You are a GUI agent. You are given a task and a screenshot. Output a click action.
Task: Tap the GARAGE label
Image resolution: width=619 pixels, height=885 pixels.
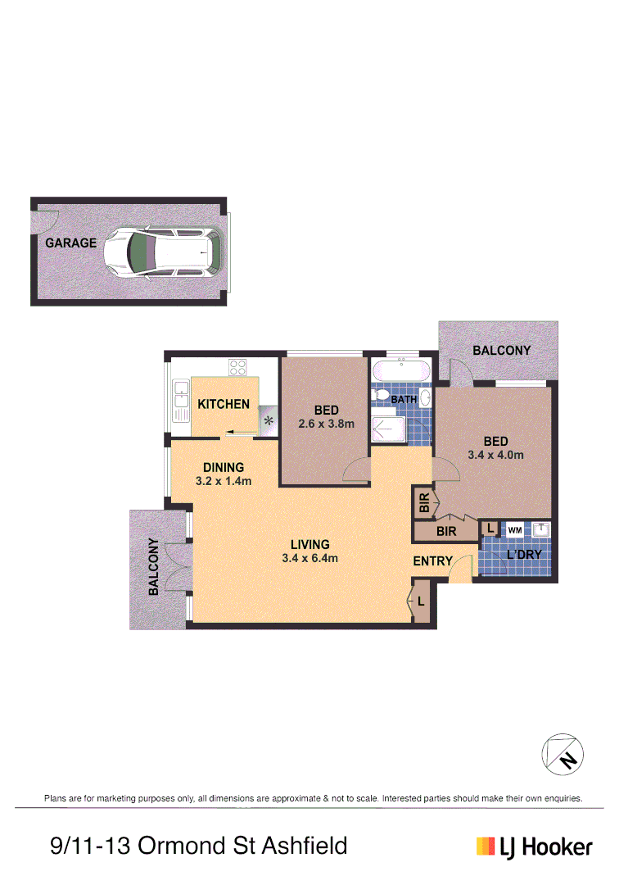point(70,243)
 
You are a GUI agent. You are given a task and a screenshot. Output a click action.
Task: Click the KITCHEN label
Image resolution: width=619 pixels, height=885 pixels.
point(224,404)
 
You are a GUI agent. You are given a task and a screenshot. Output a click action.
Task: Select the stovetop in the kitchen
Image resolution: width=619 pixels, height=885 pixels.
point(238,368)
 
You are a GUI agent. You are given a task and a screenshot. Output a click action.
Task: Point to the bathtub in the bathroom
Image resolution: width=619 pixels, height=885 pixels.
point(400,372)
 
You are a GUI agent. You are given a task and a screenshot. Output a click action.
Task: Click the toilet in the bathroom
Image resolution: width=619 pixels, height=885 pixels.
point(381,397)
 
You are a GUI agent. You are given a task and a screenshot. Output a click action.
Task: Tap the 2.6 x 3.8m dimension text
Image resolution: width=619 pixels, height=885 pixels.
point(325,424)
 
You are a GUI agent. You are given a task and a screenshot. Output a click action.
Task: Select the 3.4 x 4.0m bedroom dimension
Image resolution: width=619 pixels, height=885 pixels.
point(495,455)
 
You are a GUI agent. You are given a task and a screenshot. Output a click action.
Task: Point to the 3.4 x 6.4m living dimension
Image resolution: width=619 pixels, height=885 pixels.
point(309,558)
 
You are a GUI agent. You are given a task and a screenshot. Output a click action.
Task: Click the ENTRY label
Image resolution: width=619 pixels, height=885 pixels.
point(432,561)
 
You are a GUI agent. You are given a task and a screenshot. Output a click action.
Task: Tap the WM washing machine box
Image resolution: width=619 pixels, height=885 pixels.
point(514,530)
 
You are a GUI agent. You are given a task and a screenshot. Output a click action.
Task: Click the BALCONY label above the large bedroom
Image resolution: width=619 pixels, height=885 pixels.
point(502,351)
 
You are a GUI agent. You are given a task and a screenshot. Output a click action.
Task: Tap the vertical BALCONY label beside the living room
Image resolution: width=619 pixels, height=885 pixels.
point(153,566)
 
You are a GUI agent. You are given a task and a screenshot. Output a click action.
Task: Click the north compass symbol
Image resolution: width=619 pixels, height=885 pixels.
point(564,753)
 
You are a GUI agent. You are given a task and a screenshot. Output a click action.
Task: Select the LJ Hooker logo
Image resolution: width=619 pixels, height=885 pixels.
point(534,846)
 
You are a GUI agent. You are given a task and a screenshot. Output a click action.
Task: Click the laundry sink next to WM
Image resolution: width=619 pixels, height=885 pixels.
point(540,530)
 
